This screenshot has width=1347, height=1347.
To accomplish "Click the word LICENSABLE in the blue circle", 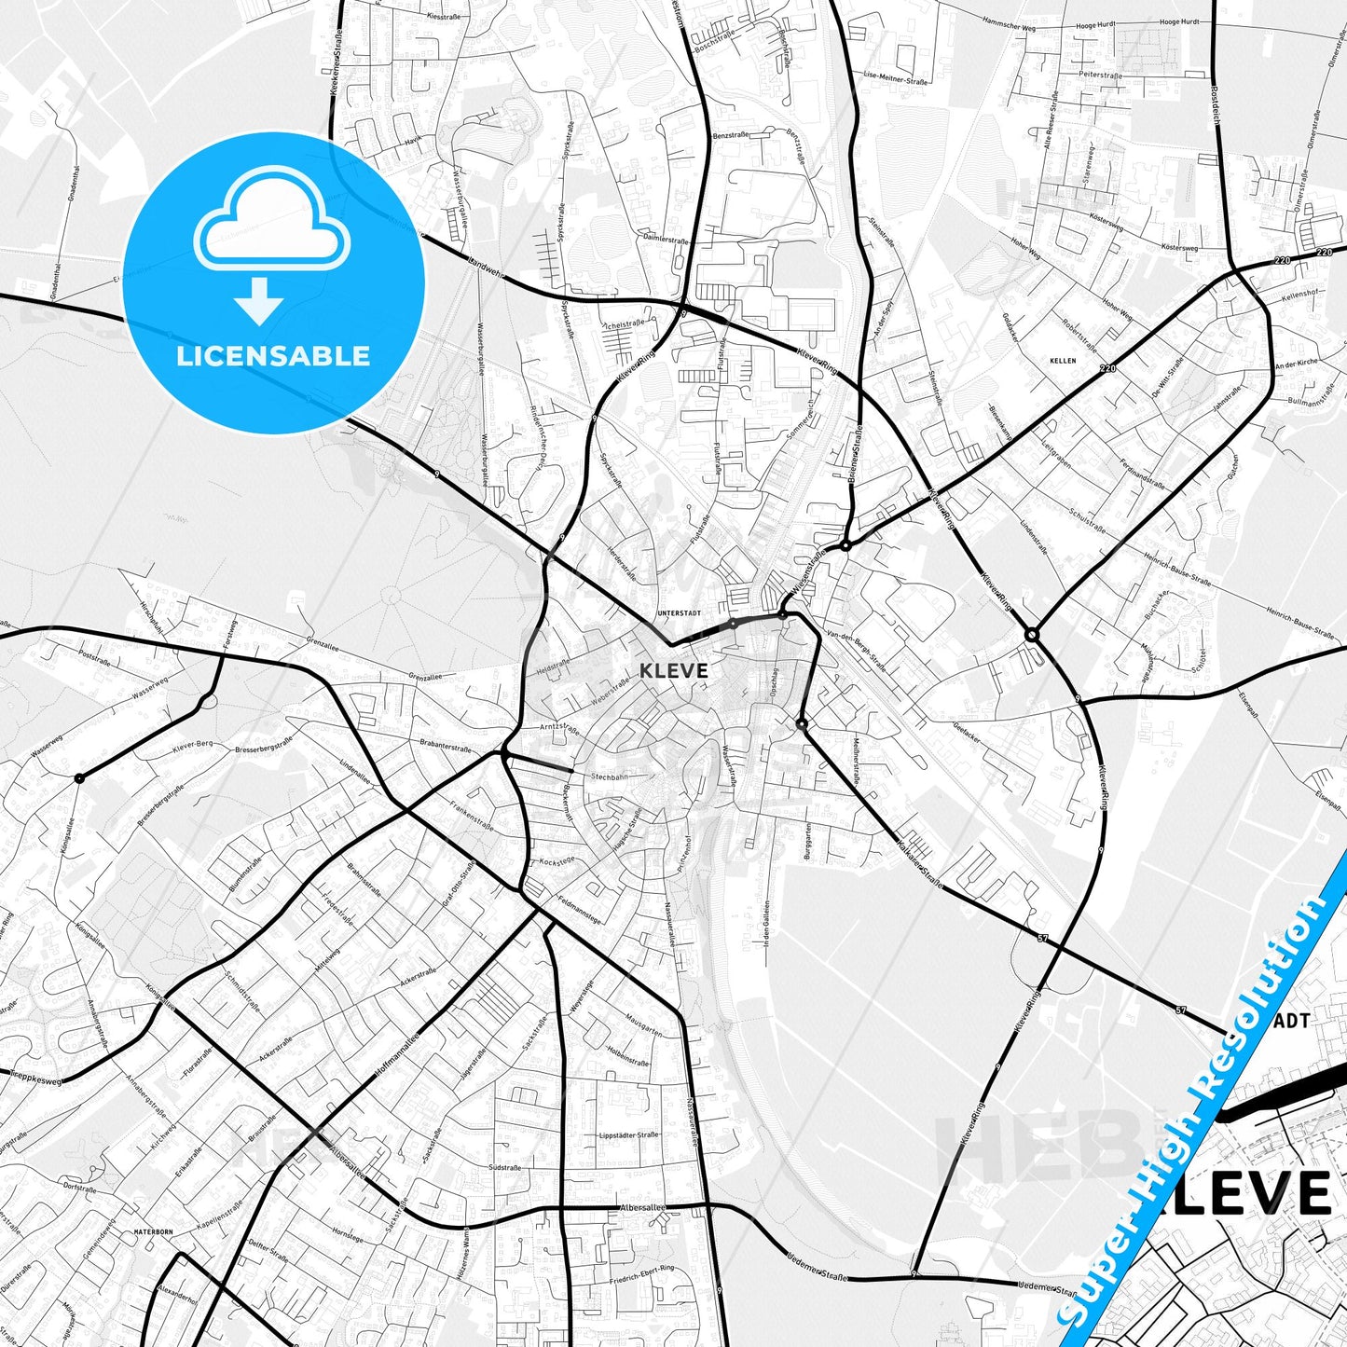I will tap(273, 356).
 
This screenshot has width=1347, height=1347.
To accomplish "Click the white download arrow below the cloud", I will tap(259, 301).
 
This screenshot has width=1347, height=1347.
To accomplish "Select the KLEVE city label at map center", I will tap(674, 670).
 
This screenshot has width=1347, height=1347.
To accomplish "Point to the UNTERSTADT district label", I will tap(678, 613).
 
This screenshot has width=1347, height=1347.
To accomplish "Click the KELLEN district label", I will tap(1062, 360).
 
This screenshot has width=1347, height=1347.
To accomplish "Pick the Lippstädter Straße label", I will tap(628, 1134).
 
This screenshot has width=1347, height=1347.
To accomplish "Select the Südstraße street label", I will tap(505, 1167).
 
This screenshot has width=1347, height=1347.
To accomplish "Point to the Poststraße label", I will tap(96, 655).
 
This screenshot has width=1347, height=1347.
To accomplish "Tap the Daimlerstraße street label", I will tap(666, 240).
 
